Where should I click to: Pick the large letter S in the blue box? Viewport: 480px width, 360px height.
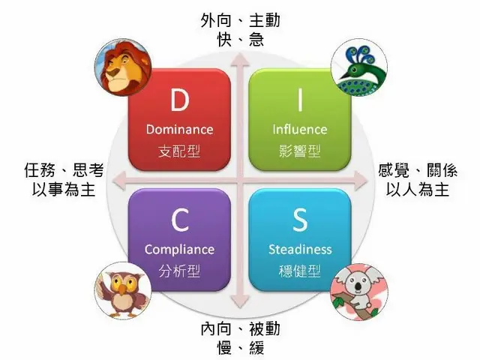click(x=299, y=220)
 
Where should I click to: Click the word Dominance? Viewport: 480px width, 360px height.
click(x=179, y=129)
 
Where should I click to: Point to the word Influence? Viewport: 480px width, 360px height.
click(x=299, y=129)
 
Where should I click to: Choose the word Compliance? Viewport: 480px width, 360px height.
click(x=179, y=250)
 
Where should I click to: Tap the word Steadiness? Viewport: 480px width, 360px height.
click(x=299, y=250)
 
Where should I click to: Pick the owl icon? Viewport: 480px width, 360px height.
click(x=120, y=288)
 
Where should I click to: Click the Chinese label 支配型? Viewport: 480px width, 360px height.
click(x=179, y=151)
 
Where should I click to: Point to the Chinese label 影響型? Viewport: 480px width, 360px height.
click(x=299, y=151)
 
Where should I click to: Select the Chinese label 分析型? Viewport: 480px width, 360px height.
click(x=179, y=271)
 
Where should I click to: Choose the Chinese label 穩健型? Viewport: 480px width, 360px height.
click(x=299, y=271)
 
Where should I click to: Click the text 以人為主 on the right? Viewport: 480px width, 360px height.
click(x=417, y=190)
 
